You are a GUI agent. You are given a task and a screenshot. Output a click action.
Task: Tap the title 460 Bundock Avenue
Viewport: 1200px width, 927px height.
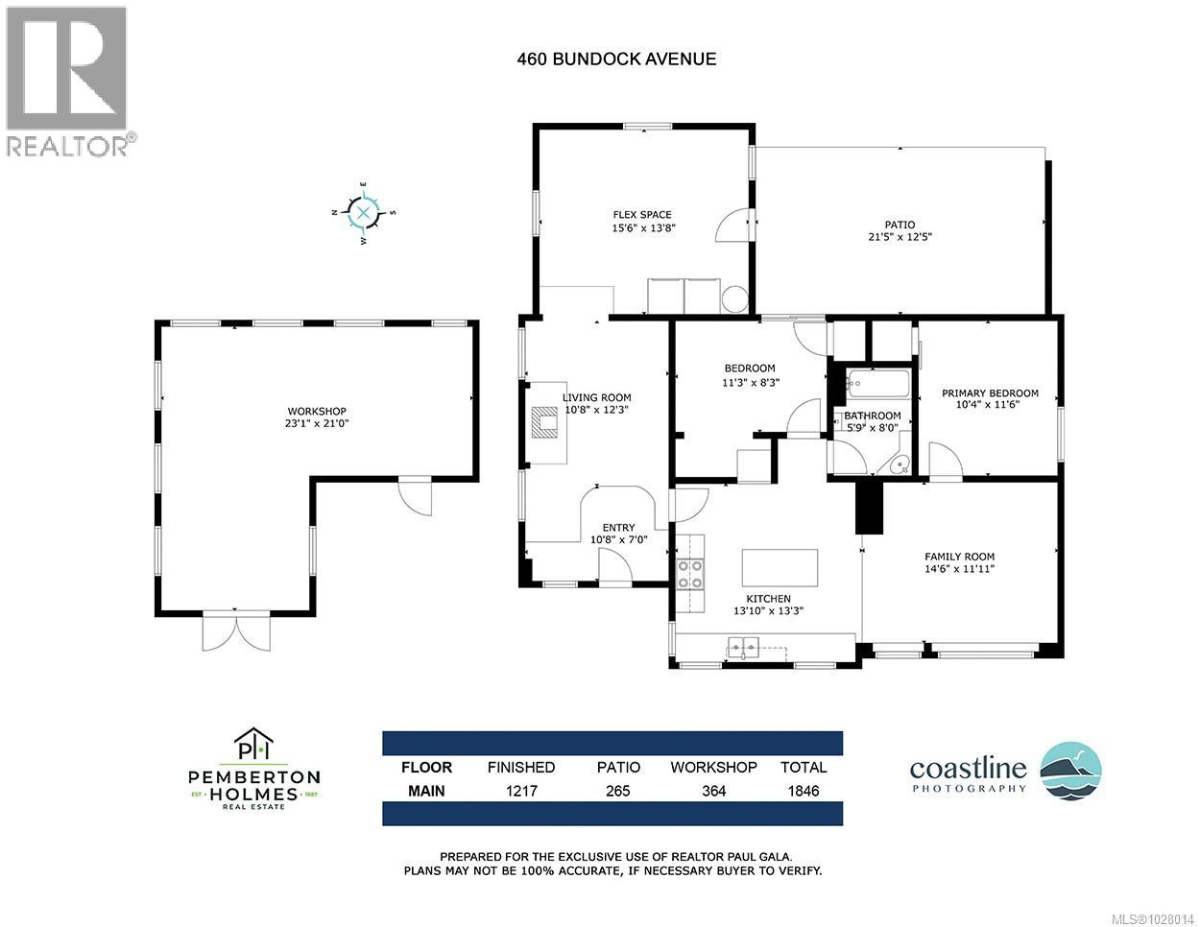(616, 59)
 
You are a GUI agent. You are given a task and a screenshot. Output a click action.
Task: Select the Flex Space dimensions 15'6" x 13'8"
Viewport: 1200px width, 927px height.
(643, 228)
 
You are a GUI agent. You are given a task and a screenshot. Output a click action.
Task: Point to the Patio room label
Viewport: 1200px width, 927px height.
(900, 225)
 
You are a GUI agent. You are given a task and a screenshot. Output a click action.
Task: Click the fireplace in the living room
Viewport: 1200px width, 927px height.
(544, 421)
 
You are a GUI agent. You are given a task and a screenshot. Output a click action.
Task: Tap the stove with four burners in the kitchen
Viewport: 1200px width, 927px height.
(689, 573)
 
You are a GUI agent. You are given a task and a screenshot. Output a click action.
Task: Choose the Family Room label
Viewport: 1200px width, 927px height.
(959, 557)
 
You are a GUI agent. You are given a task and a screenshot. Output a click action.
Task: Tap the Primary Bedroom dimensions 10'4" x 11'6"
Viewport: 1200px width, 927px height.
(990, 405)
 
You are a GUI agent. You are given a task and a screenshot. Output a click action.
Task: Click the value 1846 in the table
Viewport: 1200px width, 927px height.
(803, 791)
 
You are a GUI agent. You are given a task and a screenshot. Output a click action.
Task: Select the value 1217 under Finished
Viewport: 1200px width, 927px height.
(521, 791)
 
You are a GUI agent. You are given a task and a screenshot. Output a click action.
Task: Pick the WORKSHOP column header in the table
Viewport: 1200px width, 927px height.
(713, 767)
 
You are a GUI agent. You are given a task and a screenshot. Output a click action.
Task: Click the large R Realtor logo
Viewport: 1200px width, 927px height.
(66, 69)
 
